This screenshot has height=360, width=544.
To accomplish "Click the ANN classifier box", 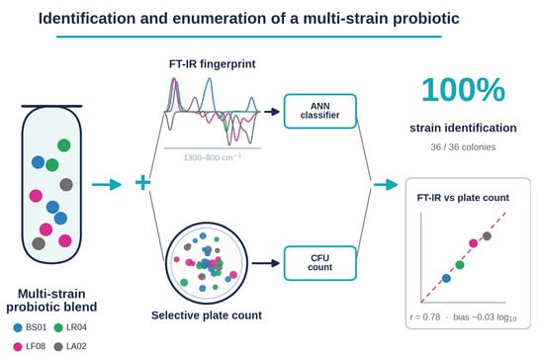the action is pyautogui.click(x=319, y=111).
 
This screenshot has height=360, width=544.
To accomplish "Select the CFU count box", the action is pyautogui.click(x=319, y=263).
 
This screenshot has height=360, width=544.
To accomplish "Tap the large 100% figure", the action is pyautogui.click(x=463, y=90).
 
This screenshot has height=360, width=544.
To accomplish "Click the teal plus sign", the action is pyautogui.click(x=142, y=183).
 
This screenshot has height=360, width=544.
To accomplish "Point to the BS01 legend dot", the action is pyautogui.click(x=18, y=327).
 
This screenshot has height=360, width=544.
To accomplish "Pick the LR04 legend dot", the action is pyautogui.click(x=58, y=327).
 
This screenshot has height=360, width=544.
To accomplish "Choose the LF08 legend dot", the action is pyautogui.click(x=18, y=346).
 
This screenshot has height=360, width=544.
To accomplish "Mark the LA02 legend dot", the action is pyautogui.click(x=58, y=346).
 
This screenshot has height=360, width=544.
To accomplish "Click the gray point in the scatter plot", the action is pyautogui.click(x=487, y=236).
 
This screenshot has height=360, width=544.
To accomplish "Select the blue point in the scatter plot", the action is pyautogui.click(x=446, y=278).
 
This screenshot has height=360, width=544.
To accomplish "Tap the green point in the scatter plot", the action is pyautogui.click(x=460, y=265).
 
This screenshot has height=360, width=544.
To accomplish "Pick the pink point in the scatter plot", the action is pyautogui.click(x=473, y=243).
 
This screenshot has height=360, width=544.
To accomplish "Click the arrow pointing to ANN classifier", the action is pyautogui.click(x=272, y=112).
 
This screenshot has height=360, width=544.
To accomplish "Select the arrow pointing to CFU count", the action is pyautogui.click(x=266, y=264).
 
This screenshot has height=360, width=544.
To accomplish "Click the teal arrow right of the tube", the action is pyautogui.click(x=107, y=184).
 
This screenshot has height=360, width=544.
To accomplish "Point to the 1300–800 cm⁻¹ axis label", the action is pyautogui.click(x=212, y=157).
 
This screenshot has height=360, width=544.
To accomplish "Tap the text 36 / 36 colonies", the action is pyautogui.click(x=463, y=147).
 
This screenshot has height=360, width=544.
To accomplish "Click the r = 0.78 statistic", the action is pyautogui.click(x=425, y=317).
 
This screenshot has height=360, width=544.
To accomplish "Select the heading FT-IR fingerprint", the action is pyautogui.click(x=213, y=64).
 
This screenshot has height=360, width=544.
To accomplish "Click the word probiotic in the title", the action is pyautogui.click(x=426, y=19).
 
